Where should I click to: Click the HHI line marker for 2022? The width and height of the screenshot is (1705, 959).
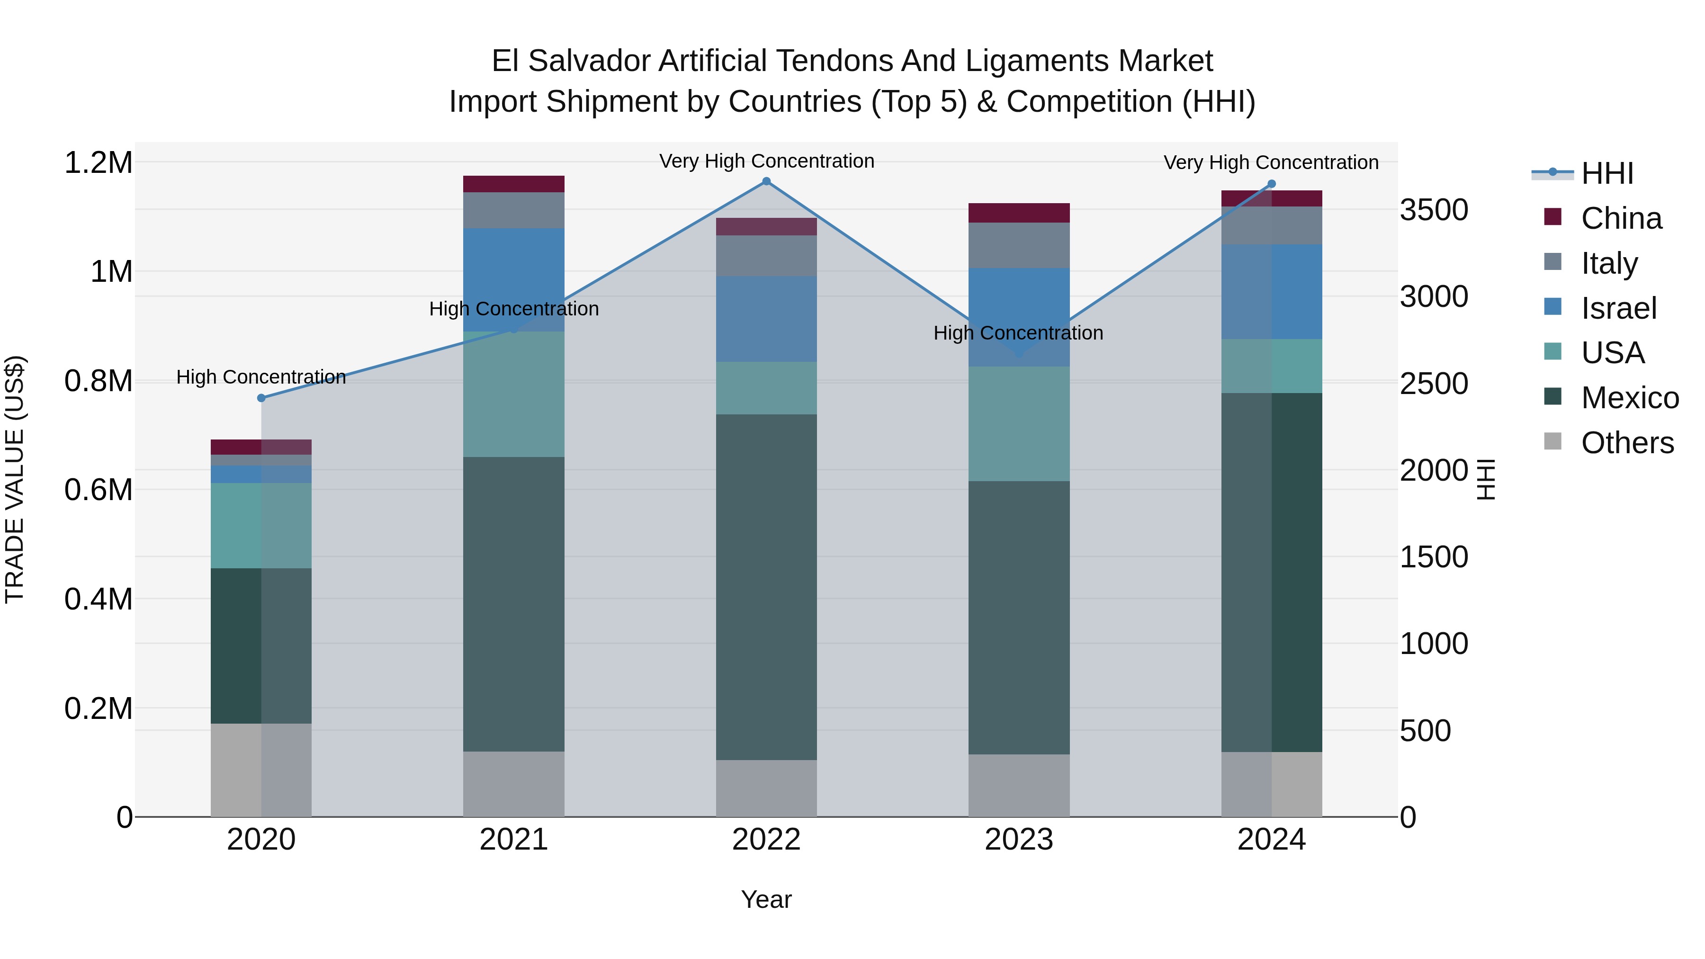pyautogui.click(x=766, y=181)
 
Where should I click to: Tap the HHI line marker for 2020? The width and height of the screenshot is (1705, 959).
pyautogui.click(x=261, y=398)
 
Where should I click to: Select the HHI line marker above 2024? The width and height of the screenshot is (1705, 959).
pyautogui.click(x=1272, y=184)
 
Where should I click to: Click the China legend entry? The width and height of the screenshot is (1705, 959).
pyautogui.click(x=1621, y=218)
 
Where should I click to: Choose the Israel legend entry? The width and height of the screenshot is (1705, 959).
pyautogui.click(x=1618, y=308)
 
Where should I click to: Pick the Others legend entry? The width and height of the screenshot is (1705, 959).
pyautogui.click(x=1627, y=443)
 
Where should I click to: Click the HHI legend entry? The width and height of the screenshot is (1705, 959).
pyautogui.click(x=1607, y=173)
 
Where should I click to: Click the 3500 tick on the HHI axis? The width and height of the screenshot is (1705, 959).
pyautogui.click(x=1434, y=210)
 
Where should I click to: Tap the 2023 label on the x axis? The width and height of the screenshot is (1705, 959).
pyautogui.click(x=1019, y=840)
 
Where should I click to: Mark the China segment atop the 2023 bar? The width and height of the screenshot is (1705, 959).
pyautogui.click(x=1019, y=213)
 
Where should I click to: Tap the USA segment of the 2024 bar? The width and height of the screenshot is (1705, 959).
pyautogui.click(x=1272, y=366)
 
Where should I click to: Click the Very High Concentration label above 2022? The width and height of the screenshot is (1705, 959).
pyautogui.click(x=766, y=161)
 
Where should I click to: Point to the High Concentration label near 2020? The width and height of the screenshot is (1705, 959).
pyautogui.click(x=261, y=377)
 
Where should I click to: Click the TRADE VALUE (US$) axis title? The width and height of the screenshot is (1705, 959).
pyautogui.click(x=15, y=479)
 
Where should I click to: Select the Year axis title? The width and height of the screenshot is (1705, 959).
pyautogui.click(x=766, y=899)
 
